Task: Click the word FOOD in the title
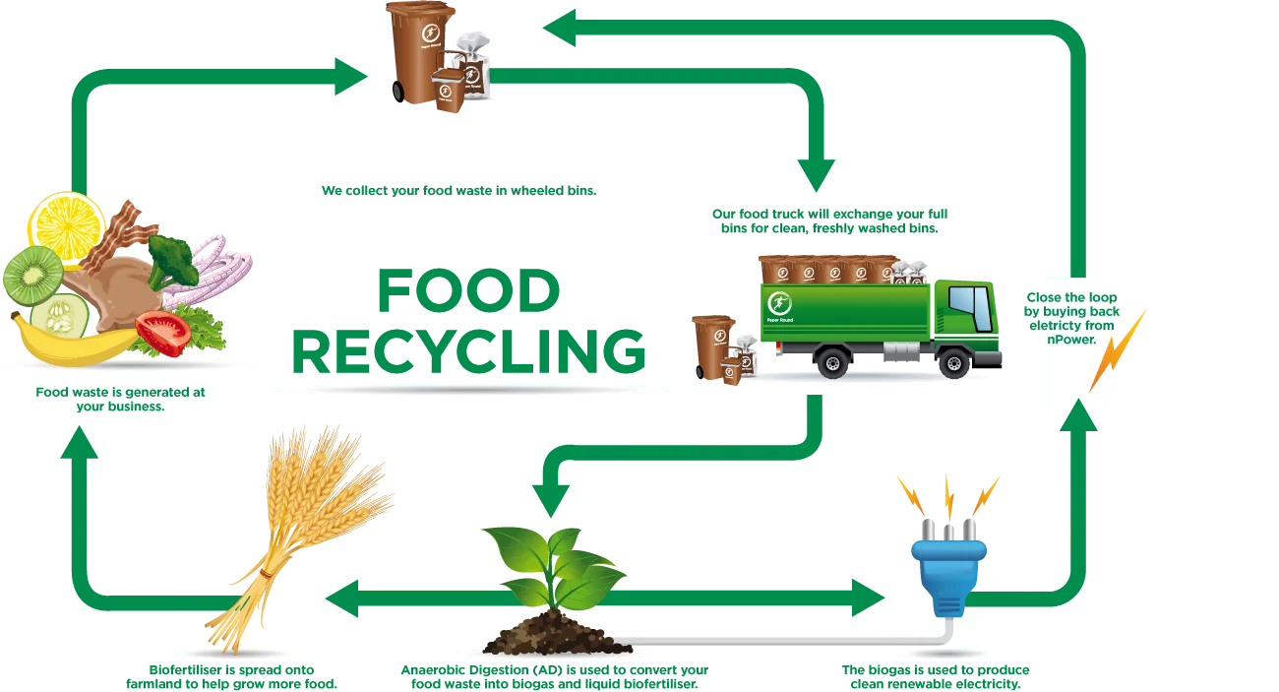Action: pos(468,291)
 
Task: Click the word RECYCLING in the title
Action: pos(468,352)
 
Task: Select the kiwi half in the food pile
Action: pos(33,275)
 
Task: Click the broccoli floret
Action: pos(172,261)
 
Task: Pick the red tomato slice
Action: pos(161,333)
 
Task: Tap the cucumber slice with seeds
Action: pos(60,316)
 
